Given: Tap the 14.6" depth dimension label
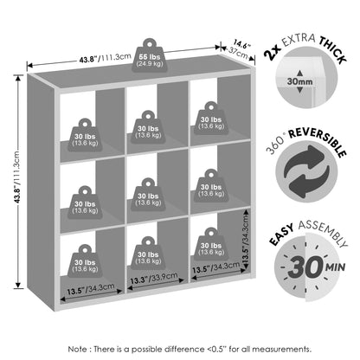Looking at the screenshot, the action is tap(241, 45).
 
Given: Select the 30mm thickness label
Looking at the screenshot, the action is tap(299, 81).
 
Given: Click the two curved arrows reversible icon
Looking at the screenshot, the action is tap(306, 171).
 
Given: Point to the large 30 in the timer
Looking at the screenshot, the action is tap(305, 267).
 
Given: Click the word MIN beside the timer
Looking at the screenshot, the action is tap(336, 267).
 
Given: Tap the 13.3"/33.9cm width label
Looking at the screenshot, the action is tap(154, 278).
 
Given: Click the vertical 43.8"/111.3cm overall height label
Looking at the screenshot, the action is tap(16, 177).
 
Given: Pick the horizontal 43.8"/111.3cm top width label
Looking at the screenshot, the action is tap(106, 58).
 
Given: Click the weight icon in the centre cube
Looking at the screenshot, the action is tap(148, 194).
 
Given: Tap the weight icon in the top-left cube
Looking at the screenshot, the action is tap(85, 135).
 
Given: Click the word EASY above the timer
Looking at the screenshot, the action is tap(281, 235).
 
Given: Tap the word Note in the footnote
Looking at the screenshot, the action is tap(77, 350).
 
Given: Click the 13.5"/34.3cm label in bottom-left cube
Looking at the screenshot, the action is tap(91, 289).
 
